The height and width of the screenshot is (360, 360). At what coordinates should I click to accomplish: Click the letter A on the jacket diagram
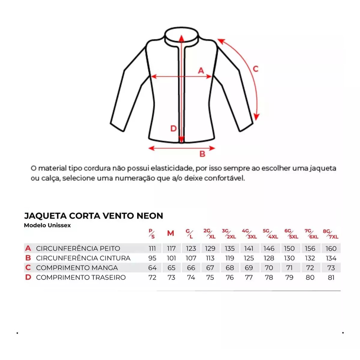(201, 70)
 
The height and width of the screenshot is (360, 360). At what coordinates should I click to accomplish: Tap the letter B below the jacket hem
(202, 154)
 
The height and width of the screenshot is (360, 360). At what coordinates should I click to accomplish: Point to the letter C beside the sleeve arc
(256, 69)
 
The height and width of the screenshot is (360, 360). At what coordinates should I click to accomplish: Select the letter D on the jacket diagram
(173, 129)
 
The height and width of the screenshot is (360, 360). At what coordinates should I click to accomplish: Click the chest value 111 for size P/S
(152, 249)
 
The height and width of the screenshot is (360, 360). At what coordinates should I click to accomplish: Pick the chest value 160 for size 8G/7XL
(330, 249)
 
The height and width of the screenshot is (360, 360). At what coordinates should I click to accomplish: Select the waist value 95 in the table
(152, 258)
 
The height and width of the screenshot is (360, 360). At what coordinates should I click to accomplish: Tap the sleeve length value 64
(152, 268)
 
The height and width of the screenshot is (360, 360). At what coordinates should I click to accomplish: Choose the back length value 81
(330, 277)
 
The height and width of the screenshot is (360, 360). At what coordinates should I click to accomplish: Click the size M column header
(171, 233)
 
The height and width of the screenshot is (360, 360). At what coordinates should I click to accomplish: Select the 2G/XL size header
(210, 233)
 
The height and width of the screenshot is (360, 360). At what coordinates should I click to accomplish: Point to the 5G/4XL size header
(270, 233)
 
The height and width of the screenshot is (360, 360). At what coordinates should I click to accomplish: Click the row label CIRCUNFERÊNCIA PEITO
(78, 249)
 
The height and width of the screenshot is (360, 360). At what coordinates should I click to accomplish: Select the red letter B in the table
(28, 258)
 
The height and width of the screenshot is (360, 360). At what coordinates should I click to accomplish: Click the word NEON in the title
(149, 216)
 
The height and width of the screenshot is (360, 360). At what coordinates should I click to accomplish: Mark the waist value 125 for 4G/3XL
(249, 258)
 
